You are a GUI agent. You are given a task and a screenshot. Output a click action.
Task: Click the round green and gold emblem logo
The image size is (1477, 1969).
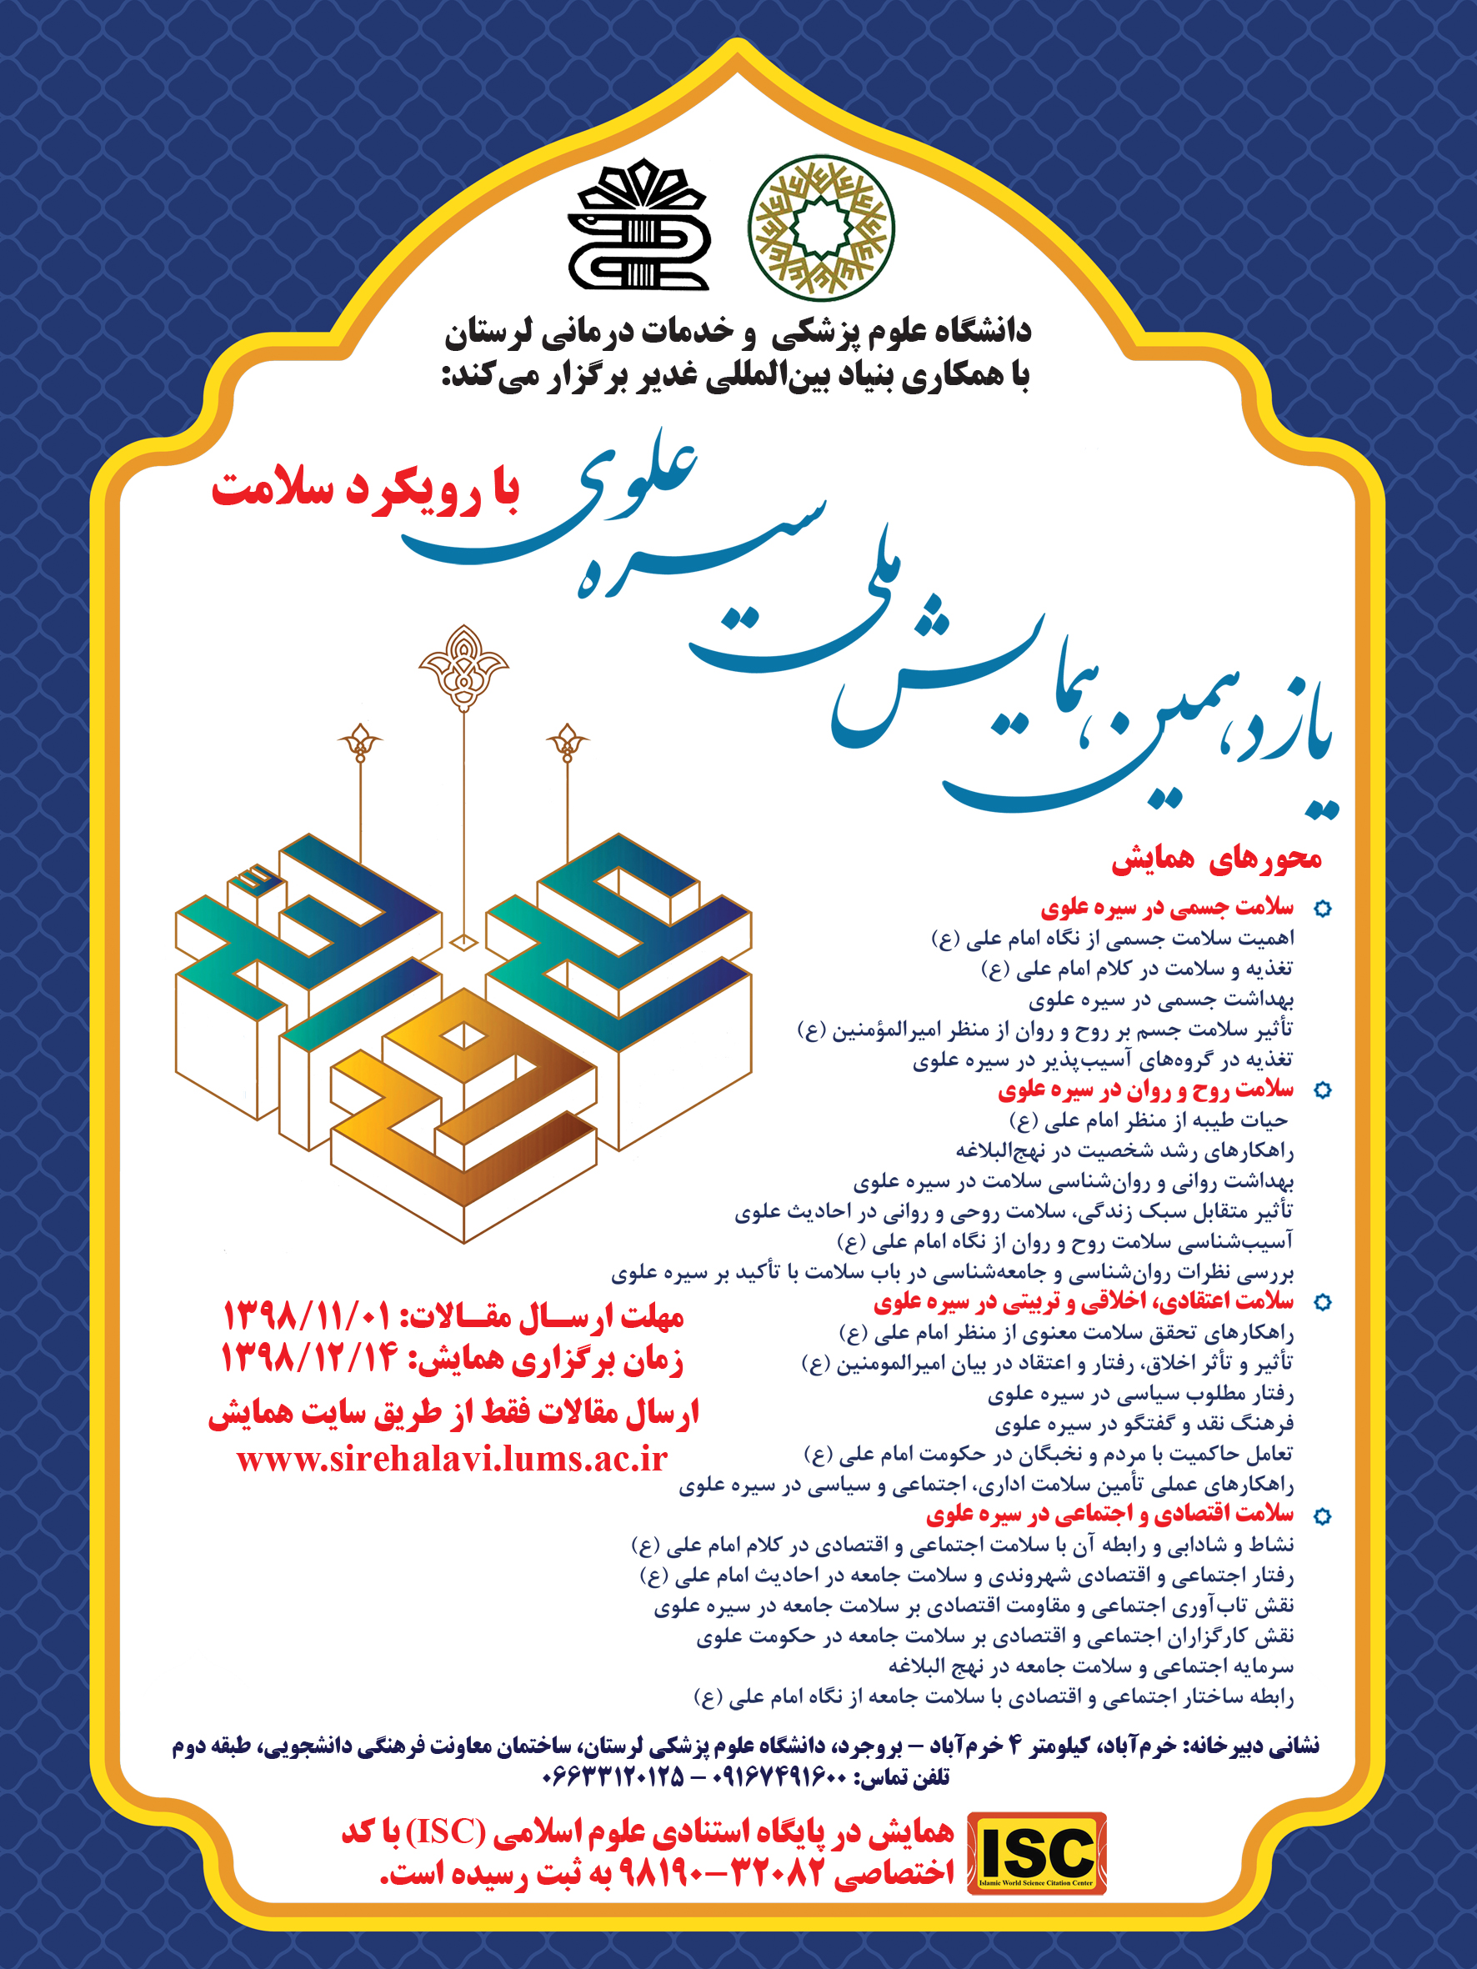[821, 228]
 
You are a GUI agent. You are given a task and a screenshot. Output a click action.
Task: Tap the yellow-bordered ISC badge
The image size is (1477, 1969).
[1036, 1853]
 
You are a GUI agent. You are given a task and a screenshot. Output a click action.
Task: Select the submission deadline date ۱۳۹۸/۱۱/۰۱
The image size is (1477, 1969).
[305, 1315]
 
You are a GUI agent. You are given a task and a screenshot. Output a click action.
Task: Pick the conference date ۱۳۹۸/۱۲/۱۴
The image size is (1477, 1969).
[307, 1360]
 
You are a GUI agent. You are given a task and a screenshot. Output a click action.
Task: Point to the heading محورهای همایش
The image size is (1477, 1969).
[1216, 858]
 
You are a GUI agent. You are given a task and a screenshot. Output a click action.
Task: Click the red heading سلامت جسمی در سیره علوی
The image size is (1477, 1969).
[1166, 907]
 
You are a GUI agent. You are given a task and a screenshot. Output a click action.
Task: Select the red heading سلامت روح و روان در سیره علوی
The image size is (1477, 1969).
[1145, 1089]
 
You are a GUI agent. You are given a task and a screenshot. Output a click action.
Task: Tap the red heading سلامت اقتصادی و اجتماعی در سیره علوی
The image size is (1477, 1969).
[1109, 1514]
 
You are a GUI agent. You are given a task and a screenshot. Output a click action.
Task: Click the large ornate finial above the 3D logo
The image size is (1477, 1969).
[463, 666]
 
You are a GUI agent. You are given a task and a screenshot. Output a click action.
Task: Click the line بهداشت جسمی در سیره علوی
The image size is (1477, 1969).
[1161, 999]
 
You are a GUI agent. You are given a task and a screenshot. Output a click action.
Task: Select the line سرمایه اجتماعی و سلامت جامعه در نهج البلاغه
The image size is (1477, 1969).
[1089, 1666]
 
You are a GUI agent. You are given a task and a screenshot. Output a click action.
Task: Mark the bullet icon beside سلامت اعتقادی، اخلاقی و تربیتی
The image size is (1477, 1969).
[1323, 1302]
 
